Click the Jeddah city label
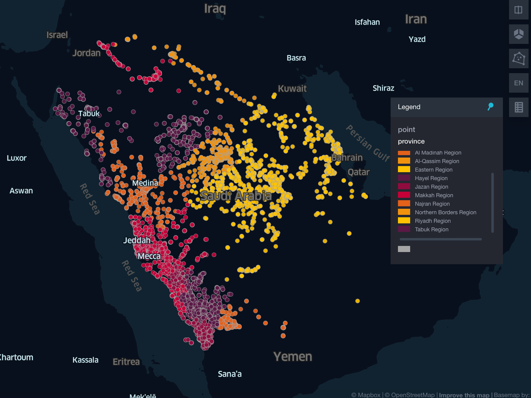pos(137,240)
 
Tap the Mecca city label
pos(149,256)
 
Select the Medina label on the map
pos(145,183)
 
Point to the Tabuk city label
pos(89,114)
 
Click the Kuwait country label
pos(292,89)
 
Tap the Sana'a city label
pos(229,374)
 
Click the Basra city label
pos(296,58)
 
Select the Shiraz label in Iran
pos(383,88)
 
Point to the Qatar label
pos(359,172)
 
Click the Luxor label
pos(16,158)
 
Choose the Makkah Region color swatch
pos(404,195)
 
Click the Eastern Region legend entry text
pos(433,170)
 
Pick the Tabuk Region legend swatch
pos(404,229)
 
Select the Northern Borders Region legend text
pos(445,212)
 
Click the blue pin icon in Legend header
pos(490,107)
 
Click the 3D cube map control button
pos(518,34)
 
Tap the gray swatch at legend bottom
pos(404,249)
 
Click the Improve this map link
pos(464,395)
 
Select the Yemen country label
pos(292,357)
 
